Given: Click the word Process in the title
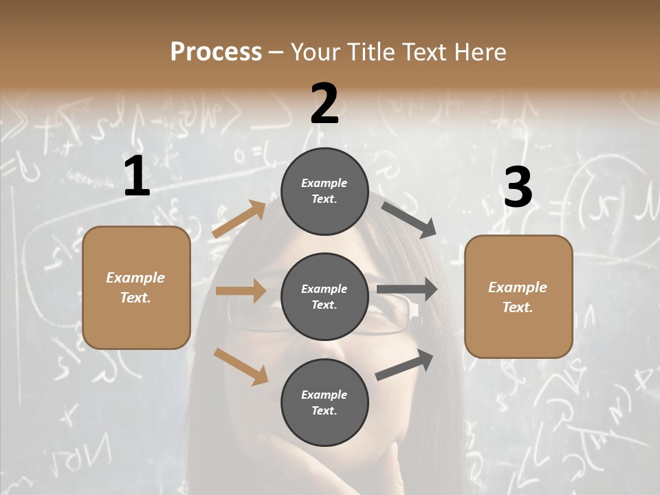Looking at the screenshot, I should (216, 52).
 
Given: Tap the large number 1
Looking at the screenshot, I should (137, 177).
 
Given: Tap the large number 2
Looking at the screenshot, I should (324, 104).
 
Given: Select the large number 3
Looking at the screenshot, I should (518, 187).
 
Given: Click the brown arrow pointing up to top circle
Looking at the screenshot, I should (239, 219).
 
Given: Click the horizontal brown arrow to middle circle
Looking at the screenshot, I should (241, 291).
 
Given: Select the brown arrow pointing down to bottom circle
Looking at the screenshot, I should (241, 366).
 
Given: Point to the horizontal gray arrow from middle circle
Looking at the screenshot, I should (407, 289).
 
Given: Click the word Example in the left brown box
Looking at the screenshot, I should (135, 278).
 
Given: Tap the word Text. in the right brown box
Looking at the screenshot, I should (518, 307).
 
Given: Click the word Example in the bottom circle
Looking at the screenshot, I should (324, 395).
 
